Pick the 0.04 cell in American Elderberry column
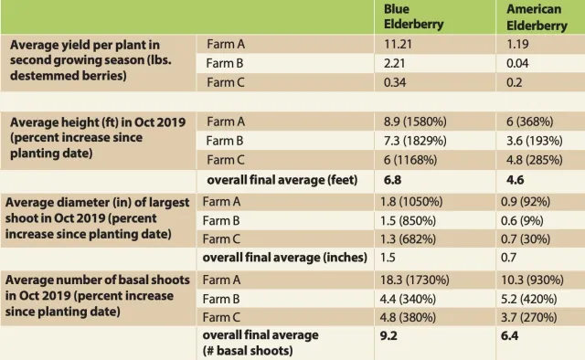click(x=519, y=63)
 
